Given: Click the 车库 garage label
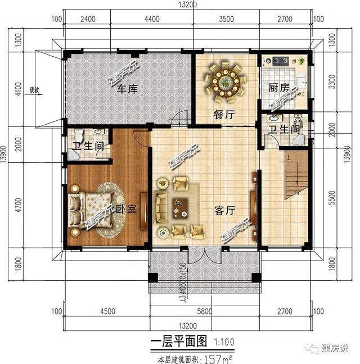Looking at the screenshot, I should [127, 88].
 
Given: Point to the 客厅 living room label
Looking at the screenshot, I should [224, 209].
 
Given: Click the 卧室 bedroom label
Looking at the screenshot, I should [127, 210].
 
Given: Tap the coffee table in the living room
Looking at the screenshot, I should [181, 206].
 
